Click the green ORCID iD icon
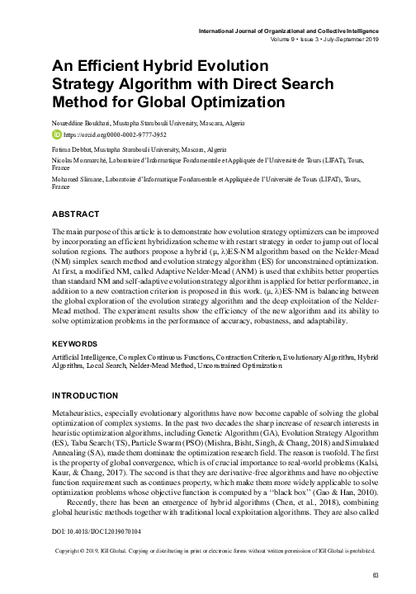pyautogui.click(x=57, y=133)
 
